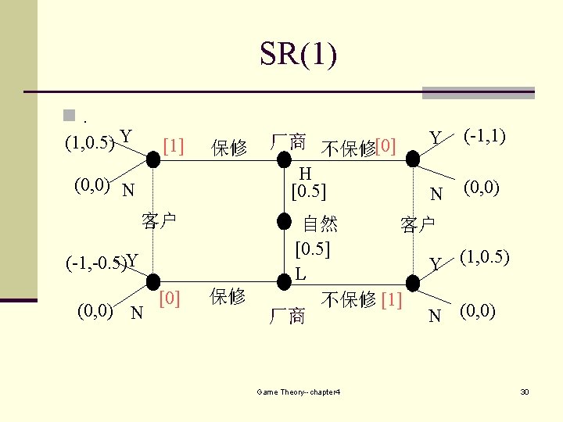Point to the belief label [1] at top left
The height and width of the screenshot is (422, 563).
point(173,146)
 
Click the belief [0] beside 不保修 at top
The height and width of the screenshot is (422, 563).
point(385,146)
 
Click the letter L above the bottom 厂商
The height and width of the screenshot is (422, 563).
point(300,275)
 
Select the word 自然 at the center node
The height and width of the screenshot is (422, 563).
point(320,224)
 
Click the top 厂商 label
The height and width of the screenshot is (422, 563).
point(287,142)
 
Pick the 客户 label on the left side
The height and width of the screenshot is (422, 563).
point(159,221)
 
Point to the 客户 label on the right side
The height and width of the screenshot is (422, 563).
point(418,225)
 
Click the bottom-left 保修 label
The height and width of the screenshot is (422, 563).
point(228,296)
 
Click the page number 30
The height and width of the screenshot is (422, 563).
point(525,391)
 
